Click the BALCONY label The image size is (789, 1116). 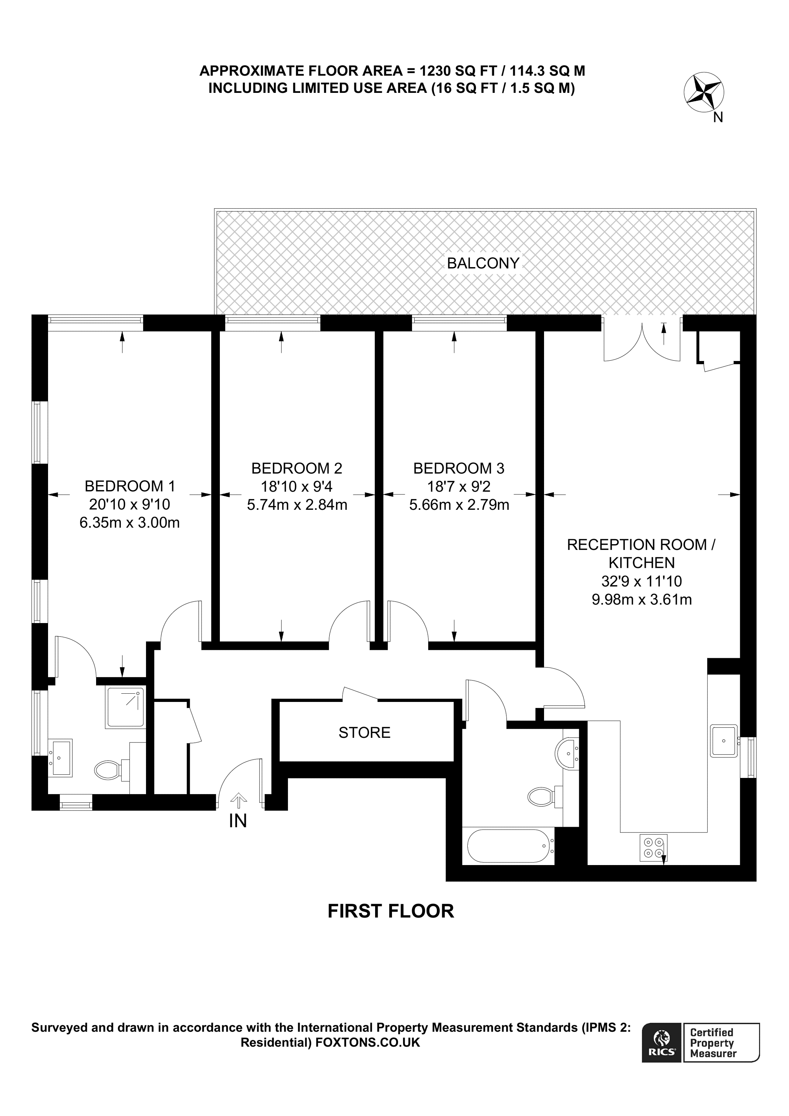point(483,263)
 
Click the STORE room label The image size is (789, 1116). point(364,732)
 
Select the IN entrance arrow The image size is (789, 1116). point(238,799)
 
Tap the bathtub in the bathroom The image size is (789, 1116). point(509,846)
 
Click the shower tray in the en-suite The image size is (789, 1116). point(125,707)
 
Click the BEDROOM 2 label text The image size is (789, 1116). point(297,468)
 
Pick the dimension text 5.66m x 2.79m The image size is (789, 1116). point(459,505)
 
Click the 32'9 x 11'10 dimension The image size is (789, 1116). point(641,581)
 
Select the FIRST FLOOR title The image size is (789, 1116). point(390,911)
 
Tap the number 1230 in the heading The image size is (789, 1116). point(436,71)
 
